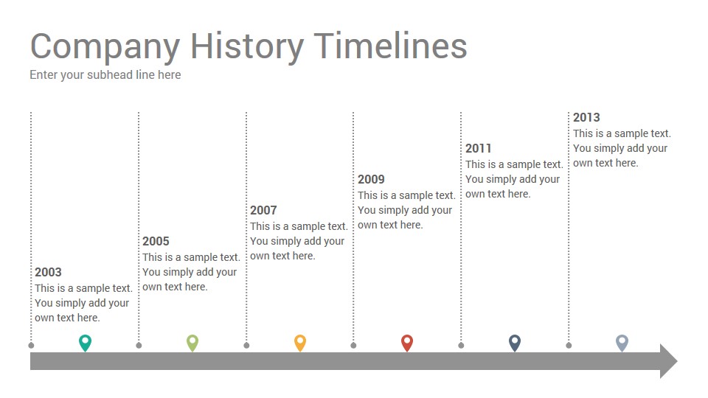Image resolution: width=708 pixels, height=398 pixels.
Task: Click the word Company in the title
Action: [x=105, y=47]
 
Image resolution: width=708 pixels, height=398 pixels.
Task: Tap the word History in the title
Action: [x=247, y=47]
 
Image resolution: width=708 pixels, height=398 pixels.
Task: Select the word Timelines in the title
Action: [x=391, y=46]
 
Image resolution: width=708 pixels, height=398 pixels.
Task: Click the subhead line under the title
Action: [x=105, y=75]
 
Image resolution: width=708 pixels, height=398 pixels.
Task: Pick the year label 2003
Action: [x=48, y=272]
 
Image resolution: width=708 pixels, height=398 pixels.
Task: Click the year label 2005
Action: [x=156, y=242]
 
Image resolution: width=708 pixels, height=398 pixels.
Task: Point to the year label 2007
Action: [x=263, y=210]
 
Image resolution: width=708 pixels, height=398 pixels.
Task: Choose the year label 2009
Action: [x=371, y=179]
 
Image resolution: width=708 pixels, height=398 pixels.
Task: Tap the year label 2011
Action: [x=478, y=148]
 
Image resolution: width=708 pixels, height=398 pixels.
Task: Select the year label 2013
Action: [x=586, y=117]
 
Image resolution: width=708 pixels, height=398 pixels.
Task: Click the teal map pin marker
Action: [x=85, y=343]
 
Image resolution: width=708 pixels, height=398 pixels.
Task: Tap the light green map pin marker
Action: [x=192, y=343]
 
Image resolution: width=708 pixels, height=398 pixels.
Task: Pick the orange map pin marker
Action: [x=300, y=343]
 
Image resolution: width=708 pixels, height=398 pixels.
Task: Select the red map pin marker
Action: [x=407, y=343]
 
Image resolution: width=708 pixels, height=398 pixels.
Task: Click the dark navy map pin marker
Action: [x=515, y=343]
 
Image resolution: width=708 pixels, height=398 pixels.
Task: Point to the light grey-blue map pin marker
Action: [x=622, y=343]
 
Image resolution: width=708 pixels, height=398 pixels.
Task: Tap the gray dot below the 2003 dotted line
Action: [x=31, y=346]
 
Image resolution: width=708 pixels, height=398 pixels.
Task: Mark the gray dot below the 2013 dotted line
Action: [x=569, y=346]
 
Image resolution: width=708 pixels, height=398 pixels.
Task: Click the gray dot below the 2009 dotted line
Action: [x=353, y=346]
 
